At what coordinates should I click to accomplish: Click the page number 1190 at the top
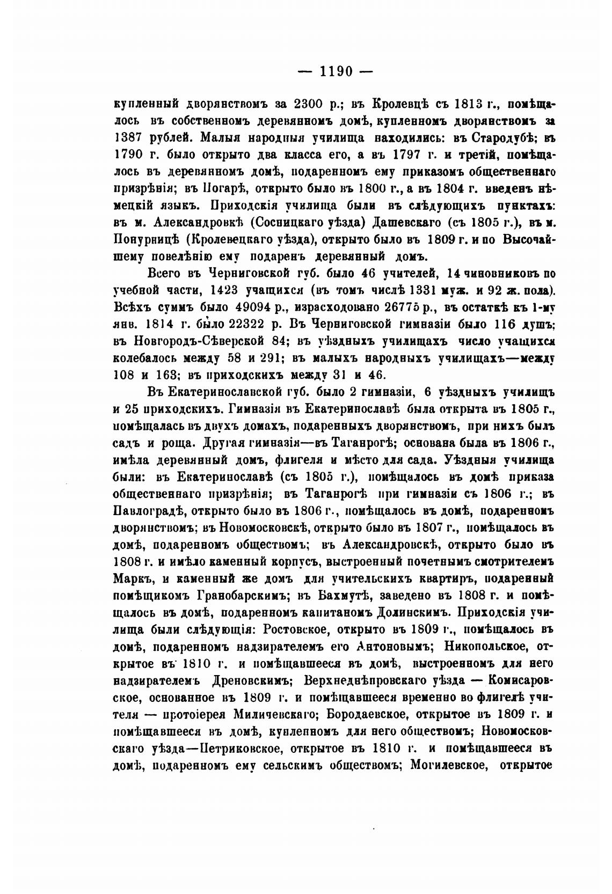pyautogui.click(x=336, y=71)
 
